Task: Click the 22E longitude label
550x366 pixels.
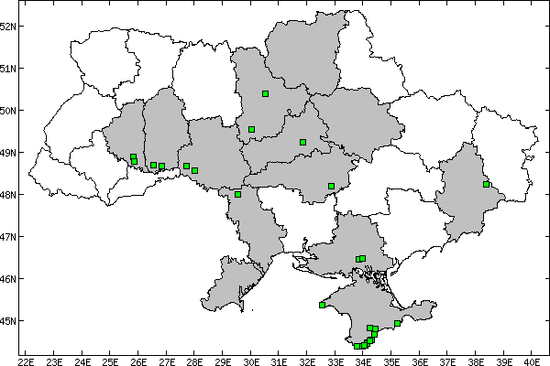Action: [x=26, y=360]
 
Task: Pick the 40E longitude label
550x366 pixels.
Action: [x=532, y=360]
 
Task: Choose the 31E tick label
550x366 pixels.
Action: [x=279, y=360]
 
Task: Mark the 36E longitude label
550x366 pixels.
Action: [x=419, y=360]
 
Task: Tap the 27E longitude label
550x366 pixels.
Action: [x=166, y=360]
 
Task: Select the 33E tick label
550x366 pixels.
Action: [x=335, y=360]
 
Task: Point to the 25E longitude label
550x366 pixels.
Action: [x=110, y=360]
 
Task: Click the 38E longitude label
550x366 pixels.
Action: [x=475, y=360]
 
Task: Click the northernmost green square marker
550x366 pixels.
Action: [x=265, y=93]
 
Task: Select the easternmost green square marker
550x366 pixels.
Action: [x=487, y=185]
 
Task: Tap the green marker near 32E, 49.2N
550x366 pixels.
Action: [x=302, y=142]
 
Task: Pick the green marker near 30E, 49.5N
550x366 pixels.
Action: [x=251, y=129]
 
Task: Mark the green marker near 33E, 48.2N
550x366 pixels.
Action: [x=331, y=186]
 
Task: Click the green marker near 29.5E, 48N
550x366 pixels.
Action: [x=237, y=194]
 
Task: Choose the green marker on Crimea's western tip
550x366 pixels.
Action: [x=322, y=305]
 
